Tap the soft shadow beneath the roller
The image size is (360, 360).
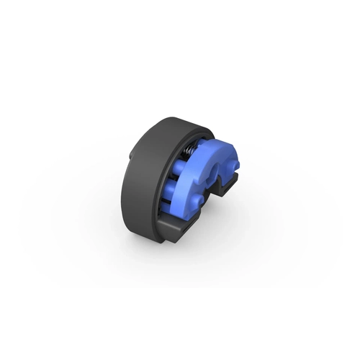[180, 248]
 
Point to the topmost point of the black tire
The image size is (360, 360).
[173, 117]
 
